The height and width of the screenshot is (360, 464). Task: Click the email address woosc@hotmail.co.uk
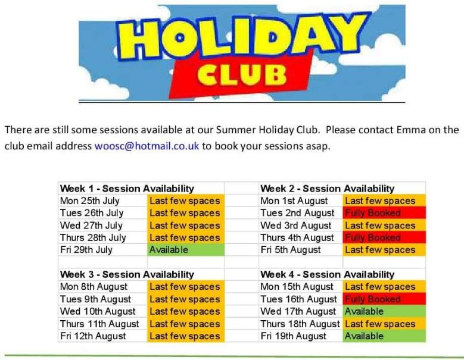click(147, 146)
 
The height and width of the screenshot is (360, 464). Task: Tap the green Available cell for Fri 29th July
click(186, 250)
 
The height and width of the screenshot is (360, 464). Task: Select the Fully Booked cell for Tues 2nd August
click(384, 213)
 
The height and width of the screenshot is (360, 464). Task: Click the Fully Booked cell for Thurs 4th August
click(384, 237)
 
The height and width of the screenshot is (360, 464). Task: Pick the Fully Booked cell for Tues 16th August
click(384, 299)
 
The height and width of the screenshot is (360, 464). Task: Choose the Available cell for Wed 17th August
click(384, 311)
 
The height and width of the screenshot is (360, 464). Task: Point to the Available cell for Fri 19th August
click(384, 336)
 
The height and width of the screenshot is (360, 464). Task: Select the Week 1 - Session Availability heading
click(127, 189)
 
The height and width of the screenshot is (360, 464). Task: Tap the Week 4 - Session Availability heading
click(327, 274)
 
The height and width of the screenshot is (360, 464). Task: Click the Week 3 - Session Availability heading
click(127, 274)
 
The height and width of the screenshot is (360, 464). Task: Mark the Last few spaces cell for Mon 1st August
click(384, 201)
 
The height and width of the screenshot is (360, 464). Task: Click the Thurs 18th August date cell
click(300, 324)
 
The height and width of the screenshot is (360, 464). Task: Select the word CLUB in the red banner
click(242, 74)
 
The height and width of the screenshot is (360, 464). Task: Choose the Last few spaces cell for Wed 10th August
click(186, 311)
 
